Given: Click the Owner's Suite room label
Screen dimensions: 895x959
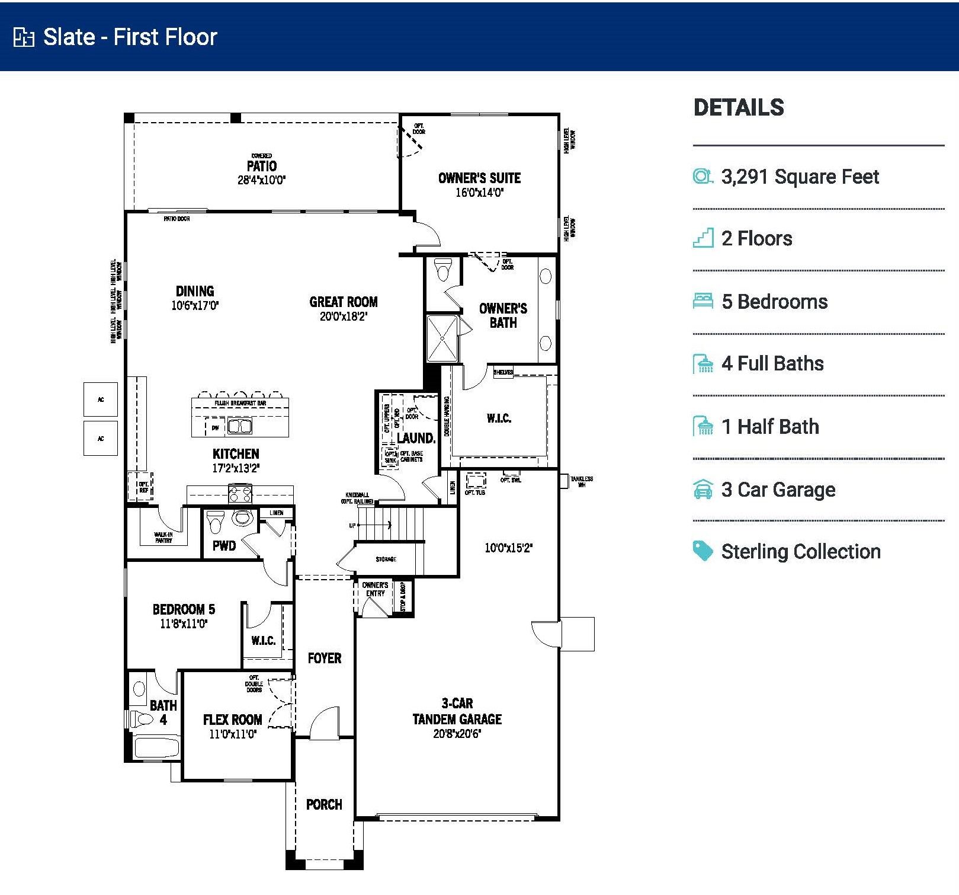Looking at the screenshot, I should (479, 178).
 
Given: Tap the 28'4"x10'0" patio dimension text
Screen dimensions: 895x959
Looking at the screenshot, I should (261, 180).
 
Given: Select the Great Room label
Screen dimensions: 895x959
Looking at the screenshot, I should (344, 302).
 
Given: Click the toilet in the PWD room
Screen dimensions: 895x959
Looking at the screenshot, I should (216, 522).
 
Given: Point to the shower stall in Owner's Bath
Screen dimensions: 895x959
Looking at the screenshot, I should (442, 338).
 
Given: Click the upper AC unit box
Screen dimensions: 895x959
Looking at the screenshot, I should (101, 399).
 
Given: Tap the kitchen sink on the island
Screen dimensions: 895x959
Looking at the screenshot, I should (240, 426).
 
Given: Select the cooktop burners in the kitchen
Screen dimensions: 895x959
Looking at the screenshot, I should (240, 493).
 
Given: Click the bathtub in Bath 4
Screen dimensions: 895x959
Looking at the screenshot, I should (156, 748).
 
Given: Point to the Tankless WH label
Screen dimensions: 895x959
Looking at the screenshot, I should (581, 481).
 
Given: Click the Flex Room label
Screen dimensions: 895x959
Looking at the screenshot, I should (232, 720).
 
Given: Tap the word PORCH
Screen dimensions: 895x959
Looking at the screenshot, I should (324, 804).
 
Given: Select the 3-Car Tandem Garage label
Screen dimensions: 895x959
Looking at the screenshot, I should (457, 711).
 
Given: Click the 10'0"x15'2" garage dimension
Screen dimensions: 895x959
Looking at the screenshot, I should (508, 548).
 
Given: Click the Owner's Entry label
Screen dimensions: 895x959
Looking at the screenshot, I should (375, 589).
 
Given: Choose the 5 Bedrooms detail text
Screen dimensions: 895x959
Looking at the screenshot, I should (774, 302).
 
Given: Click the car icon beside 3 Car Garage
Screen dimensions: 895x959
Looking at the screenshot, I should (703, 490).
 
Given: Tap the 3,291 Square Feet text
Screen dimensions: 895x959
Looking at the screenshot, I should (800, 177).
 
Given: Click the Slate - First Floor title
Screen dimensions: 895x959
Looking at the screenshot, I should (130, 37).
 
